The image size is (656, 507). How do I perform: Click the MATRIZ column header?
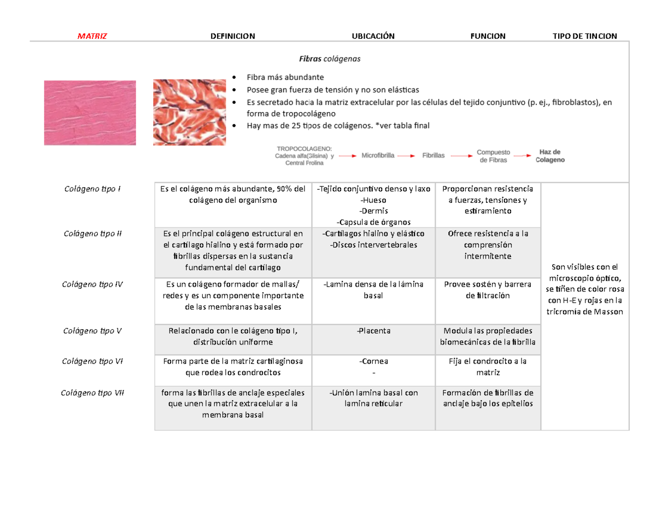[92, 36]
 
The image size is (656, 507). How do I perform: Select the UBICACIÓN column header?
[373, 36]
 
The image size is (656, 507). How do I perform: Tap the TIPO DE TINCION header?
[585, 36]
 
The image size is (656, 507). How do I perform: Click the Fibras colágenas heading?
[329, 58]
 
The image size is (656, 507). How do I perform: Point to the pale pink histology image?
[90, 113]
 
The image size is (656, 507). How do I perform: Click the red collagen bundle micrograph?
[189, 112]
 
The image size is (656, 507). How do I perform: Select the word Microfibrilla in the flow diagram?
[378, 155]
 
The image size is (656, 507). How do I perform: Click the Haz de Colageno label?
[550, 156]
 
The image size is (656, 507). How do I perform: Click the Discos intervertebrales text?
[373, 244]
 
